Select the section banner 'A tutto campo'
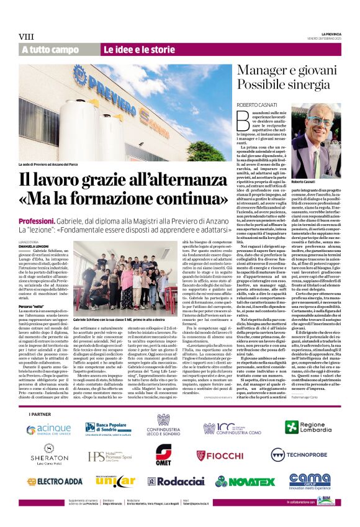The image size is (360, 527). (50, 50)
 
